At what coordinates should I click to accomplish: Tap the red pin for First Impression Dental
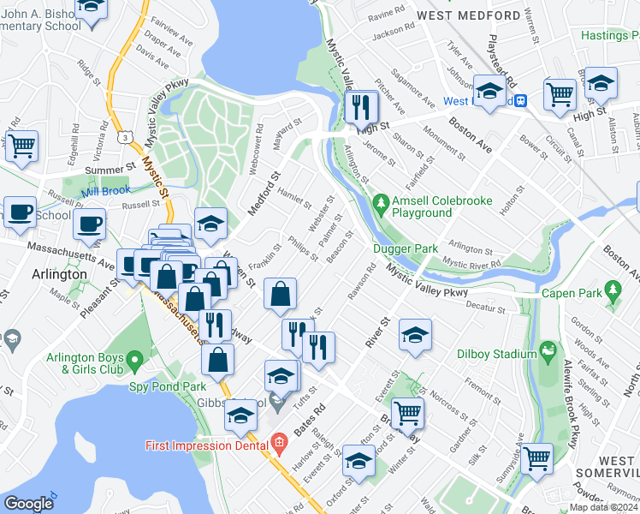tap(278, 445)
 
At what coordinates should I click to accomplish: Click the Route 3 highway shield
tap(127, 136)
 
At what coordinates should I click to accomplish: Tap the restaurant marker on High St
tap(361, 108)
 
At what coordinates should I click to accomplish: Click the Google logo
tap(28, 503)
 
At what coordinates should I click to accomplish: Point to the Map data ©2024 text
tap(603, 507)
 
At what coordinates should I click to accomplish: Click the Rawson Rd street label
tap(362, 285)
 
